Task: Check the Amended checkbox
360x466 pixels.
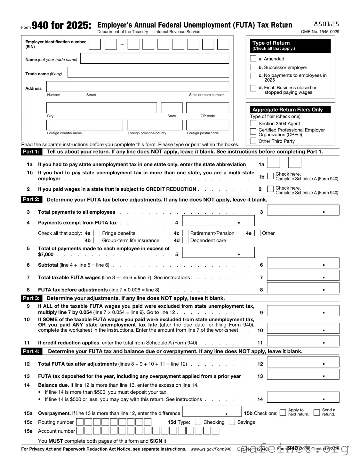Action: click(x=253, y=59)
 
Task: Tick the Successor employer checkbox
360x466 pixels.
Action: click(x=253, y=67)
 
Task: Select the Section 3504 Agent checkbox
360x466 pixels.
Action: click(x=253, y=123)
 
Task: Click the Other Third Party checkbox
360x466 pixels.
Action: click(x=253, y=141)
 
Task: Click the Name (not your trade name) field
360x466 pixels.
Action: click(x=155, y=59)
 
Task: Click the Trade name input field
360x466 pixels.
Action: click(x=148, y=73)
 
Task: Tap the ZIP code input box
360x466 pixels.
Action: click(x=207, y=108)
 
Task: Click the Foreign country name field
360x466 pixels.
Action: click(x=84, y=125)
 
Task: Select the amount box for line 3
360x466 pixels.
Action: click(x=303, y=210)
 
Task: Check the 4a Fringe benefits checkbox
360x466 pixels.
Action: click(x=96, y=233)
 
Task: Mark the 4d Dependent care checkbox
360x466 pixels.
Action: click(x=185, y=240)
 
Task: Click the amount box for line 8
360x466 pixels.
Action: click(x=303, y=288)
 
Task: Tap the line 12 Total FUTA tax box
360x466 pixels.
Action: click(x=303, y=362)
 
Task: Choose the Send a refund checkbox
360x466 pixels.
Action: click(x=316, y=412)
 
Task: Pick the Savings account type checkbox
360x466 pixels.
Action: click(x=232, y=422)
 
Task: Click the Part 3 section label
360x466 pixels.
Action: click(x=31, y=298)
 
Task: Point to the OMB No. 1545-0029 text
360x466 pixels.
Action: click(x=320, y=32)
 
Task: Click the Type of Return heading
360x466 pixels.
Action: click(x=271, y=43)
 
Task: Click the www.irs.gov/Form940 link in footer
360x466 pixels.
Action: click(x=211, y=449)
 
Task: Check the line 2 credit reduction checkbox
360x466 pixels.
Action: click(x=270, y=189)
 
